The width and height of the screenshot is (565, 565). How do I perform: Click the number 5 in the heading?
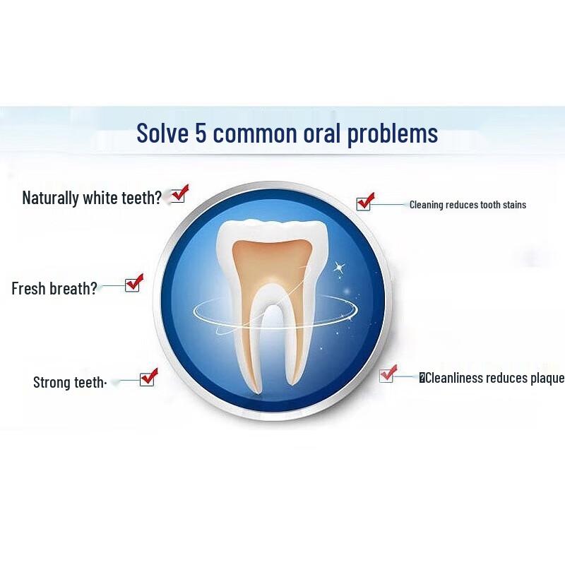pyautogui.click(x=201, y=133)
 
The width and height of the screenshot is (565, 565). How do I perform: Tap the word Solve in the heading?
pyautogui.click(x=162, y=133)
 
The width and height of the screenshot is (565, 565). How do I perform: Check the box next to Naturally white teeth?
pyautogui.click(x=177, y=195)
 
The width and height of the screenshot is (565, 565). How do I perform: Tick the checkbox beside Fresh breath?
pyautogui.click(x=132, y=285)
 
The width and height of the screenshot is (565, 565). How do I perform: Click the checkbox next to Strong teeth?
pyautogui.click(x=147, y=379)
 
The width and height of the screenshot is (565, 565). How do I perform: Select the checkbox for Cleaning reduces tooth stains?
pyautogui.click(x=364, y=203)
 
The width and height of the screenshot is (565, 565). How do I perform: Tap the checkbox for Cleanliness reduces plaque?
pyautogui.click(x=387, y=375)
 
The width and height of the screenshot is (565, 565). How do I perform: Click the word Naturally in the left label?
pyautogui.click(x=50, y=198)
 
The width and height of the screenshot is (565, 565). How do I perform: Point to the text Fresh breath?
pyautogui.click(x=54, y=288)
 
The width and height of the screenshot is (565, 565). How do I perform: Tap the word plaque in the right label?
pyautogui.click(x=545, y=379)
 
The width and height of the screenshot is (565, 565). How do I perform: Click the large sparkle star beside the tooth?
pyautogui.click(x=338, y=268)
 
